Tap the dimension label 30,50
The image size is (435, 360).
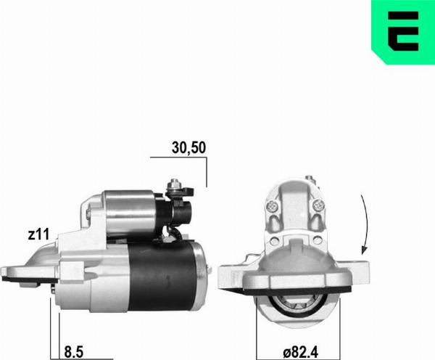(x=189, y=147)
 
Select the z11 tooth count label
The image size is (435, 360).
(x=38, y=234)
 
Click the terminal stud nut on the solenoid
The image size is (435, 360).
(x=175, y=185)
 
